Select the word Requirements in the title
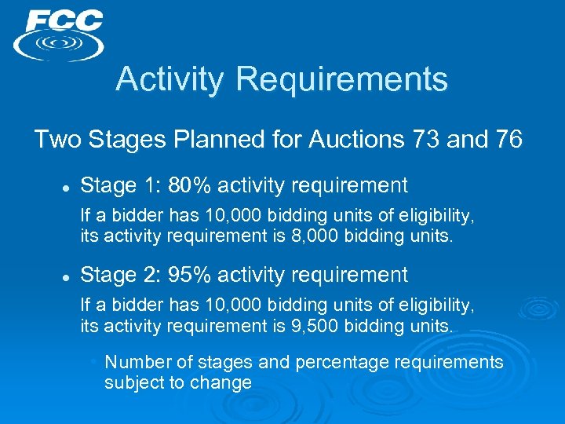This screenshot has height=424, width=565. pyautogui.click(x=341, y=79)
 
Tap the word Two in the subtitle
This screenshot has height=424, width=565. pyautogui.click(x=54, y=141)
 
